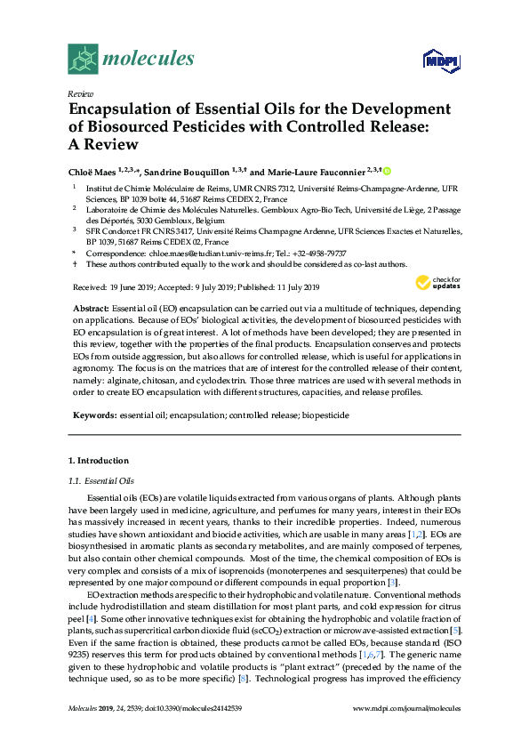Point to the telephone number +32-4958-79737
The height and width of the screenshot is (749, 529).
[321, 254]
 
